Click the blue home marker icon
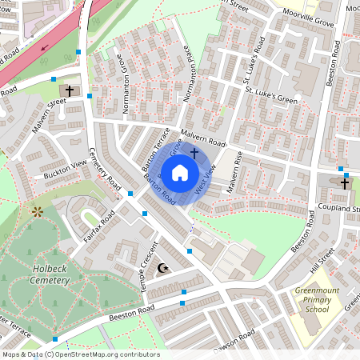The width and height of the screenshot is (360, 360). click(x=180, y=172)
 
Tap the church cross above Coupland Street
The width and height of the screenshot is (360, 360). click(x=345, y=183)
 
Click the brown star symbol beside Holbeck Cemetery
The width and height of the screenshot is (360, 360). click(x=37, y=211)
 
